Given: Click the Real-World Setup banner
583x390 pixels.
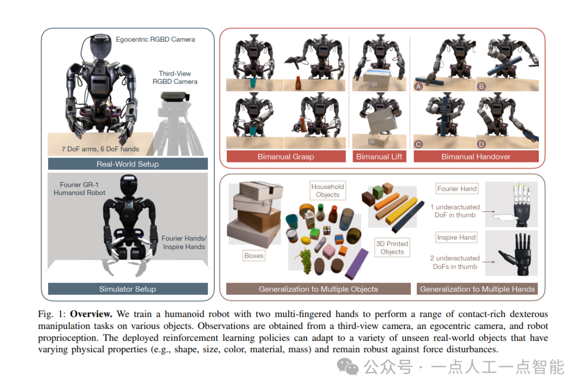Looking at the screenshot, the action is pyautogui.click(x=127, y=164).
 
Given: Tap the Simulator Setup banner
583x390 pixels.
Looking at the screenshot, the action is pyautogui.click(x=127, y=289).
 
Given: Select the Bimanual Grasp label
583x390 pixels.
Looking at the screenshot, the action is pyautogui.click(x=286, y=157).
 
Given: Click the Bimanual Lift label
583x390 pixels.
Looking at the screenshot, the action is pyautogui.click(x=379, y=157).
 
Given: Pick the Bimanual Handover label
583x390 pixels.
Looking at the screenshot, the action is pyautogui.click(x=476, y=157).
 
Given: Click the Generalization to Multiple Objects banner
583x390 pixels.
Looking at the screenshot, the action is pyautogui.click(x=318, y=289).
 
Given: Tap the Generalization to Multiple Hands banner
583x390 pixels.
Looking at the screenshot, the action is pyautogui.click(x=477, y=289).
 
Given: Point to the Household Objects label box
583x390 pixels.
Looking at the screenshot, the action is pyautogui.click(x=328, y=191).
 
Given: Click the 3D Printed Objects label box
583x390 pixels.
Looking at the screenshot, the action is pyautogui.click(x=392, y=248).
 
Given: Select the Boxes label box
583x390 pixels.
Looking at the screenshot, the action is pyautogui.click(x=254, y=255).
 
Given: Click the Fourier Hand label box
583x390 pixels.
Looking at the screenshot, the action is pyautogui.click(x=457, y=189).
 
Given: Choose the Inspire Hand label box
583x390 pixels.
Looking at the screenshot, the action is pyautogui.click(x=456, y=238).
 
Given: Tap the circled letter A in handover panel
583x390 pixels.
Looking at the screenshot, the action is pyautogui.click(x=418, y=86).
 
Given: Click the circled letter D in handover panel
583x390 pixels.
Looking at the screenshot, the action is pyautogui.click(x=482, y=144).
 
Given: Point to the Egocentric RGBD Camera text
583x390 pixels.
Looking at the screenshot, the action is pyautogui.click(x=155, y=39).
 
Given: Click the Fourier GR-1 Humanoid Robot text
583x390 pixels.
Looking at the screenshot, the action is pyautogui.click(x=80, y=189).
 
